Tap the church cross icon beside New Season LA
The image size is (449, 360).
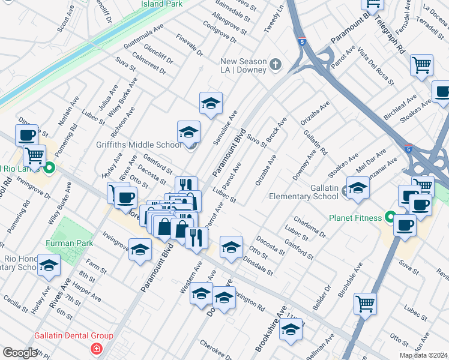click(276, 64)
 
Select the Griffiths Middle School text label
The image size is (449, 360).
click(138, 145)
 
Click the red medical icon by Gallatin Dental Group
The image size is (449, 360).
click(95, 349)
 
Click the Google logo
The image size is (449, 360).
click(19, 353)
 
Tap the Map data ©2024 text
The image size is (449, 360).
click(423, 355)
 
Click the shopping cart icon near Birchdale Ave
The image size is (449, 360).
click(364, 304)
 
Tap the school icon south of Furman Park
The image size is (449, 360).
click(140, 250)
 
